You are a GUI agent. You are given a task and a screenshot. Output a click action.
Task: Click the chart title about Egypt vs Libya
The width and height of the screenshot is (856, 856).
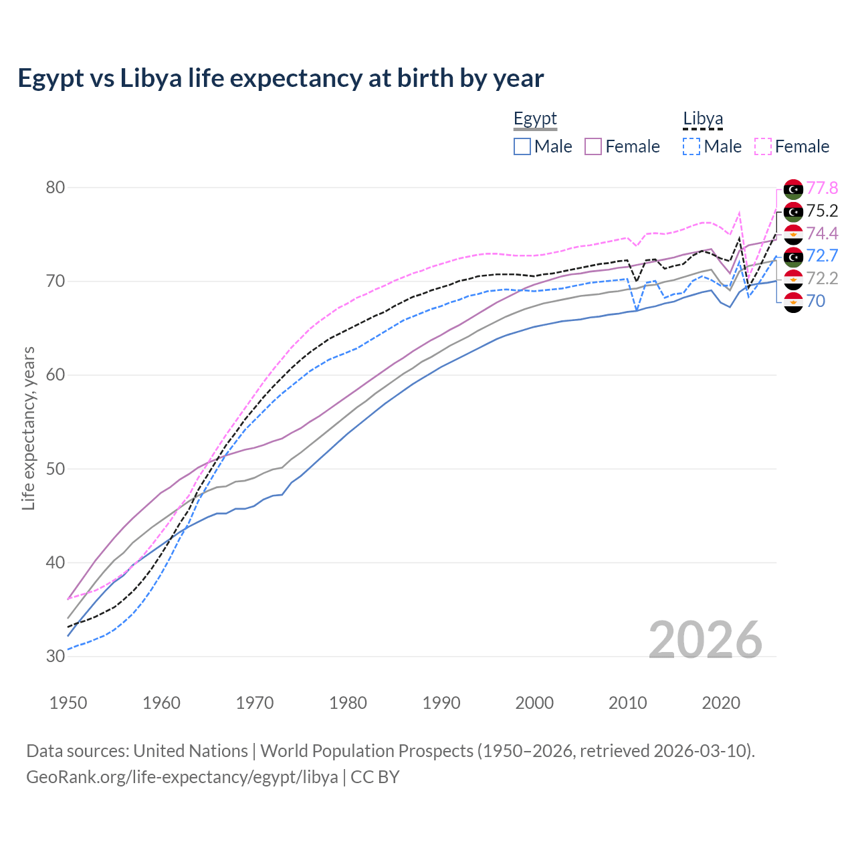[280, 78]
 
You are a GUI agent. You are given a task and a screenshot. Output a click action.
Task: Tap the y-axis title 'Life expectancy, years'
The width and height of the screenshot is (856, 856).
[28, 428]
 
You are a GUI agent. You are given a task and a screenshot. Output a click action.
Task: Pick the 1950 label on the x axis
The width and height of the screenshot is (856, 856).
[68, 703]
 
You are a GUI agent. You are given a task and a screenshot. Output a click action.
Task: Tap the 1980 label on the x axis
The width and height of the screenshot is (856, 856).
[348, 703]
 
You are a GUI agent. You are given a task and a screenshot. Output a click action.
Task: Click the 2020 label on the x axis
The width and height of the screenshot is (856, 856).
[721, 703]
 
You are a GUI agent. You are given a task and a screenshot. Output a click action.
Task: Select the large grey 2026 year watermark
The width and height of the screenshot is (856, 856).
[705, 640]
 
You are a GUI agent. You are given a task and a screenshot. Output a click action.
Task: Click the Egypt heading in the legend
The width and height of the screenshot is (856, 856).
[535, 119]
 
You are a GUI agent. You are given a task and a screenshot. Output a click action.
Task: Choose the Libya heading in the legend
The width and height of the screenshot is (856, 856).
[703, 119]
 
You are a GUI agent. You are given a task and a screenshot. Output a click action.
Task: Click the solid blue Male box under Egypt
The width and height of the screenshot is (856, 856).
[522, 146]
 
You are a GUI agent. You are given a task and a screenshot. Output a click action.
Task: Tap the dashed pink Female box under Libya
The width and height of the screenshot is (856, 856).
[763, 146]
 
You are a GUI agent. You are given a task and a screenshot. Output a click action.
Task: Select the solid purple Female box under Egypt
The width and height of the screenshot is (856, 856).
[594, 146]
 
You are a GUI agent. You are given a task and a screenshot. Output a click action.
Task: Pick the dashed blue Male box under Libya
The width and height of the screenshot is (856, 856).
[691, 146]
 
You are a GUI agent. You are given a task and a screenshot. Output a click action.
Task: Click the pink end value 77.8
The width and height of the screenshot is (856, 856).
[822, 189]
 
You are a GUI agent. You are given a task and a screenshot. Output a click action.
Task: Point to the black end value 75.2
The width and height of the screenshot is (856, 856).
[822, 211]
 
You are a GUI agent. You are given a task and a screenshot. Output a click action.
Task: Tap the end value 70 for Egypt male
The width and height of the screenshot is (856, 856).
[816, 302]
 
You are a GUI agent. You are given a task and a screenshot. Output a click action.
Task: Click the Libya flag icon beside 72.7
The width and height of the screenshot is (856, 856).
[793, 256]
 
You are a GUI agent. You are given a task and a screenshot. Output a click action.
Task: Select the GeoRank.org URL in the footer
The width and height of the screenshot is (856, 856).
[182, 777]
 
